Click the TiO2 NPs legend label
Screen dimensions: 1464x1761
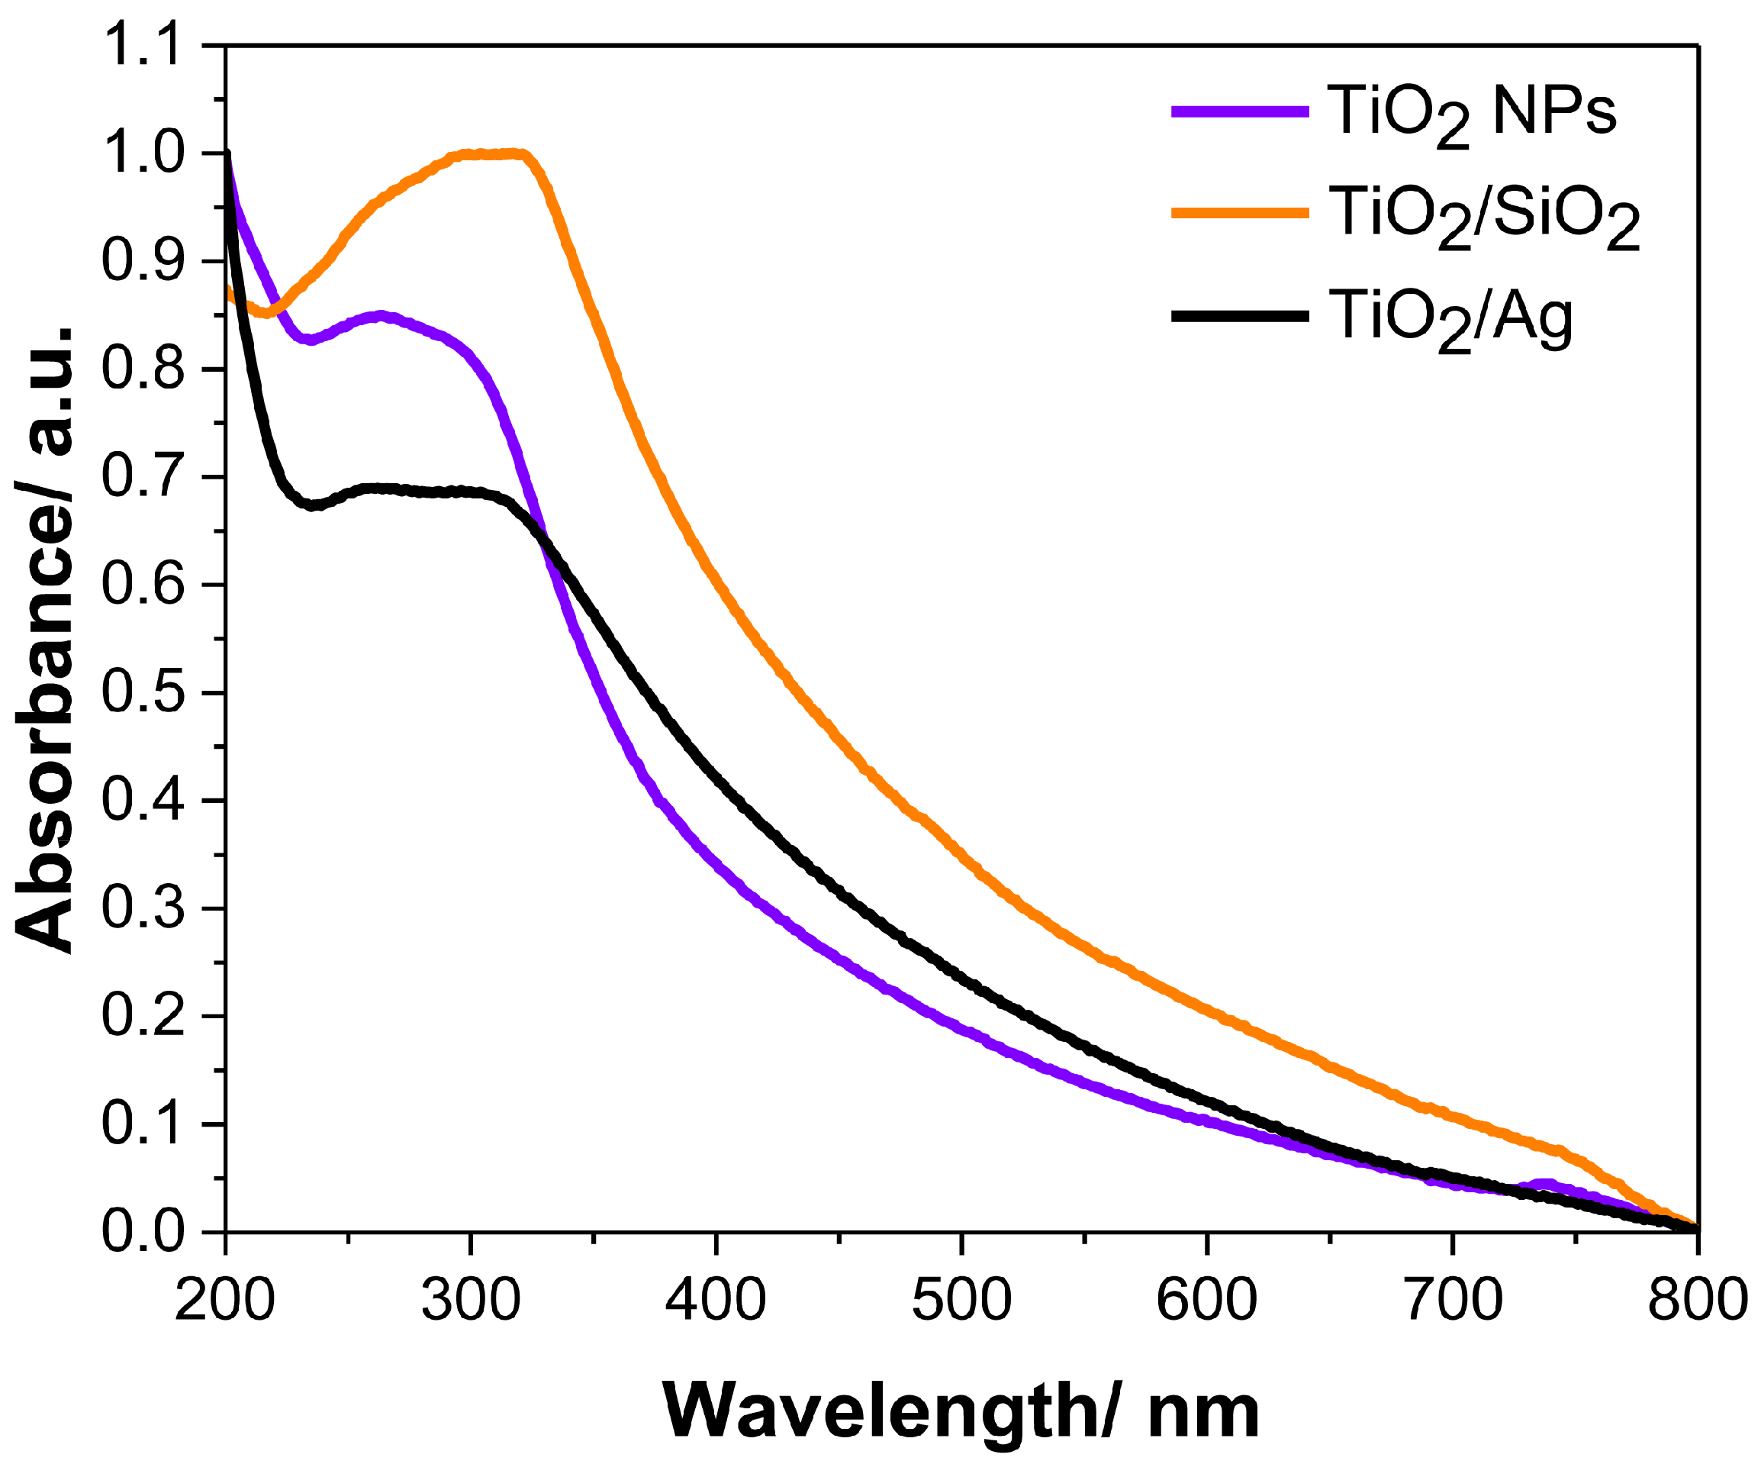[1472, 113]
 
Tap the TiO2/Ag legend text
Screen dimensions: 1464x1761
[1450, 319]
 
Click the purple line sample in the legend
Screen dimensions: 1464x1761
[1240, 111]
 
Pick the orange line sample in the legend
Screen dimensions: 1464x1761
[1240, 213]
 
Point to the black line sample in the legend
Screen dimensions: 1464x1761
[1240, 316]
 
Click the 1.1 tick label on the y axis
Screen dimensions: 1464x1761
[141, 46]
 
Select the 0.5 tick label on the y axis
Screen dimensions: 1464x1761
[141, 694]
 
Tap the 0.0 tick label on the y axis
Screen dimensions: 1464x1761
[141, 1232]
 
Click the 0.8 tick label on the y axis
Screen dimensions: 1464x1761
[141, 370]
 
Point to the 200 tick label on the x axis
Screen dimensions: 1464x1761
[225, 1301]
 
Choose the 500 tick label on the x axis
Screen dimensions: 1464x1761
[961, 1301]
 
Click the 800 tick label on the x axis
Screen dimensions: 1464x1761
[1695, 1301]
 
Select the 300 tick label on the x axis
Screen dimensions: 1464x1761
[471, 1301]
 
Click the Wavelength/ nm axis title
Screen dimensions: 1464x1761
[961, 1412]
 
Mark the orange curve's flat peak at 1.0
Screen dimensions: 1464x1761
[491, 154]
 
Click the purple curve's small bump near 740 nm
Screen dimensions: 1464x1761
[1544, 1185]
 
